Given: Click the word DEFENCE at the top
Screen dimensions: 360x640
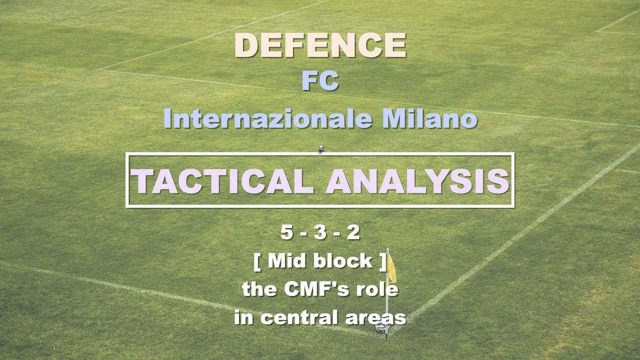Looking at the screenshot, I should tap(320, 45).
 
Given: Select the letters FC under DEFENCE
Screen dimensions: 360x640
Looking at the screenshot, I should tap(320, 81).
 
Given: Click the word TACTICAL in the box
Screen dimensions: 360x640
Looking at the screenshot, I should tap(222, 181).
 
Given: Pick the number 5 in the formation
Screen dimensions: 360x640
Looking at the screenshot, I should tap(286, 232).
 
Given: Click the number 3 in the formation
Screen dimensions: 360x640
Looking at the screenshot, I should tap(320, 232).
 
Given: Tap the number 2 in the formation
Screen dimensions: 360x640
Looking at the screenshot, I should tap(353, 232).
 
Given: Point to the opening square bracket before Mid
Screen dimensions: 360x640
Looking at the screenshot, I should tap(257, 261).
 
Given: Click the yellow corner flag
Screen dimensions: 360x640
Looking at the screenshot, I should tap(391, 269).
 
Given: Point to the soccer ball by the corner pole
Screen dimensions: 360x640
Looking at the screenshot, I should tap(381, 327).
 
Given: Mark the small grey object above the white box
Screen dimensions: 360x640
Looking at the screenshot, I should tap(320, 148).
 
